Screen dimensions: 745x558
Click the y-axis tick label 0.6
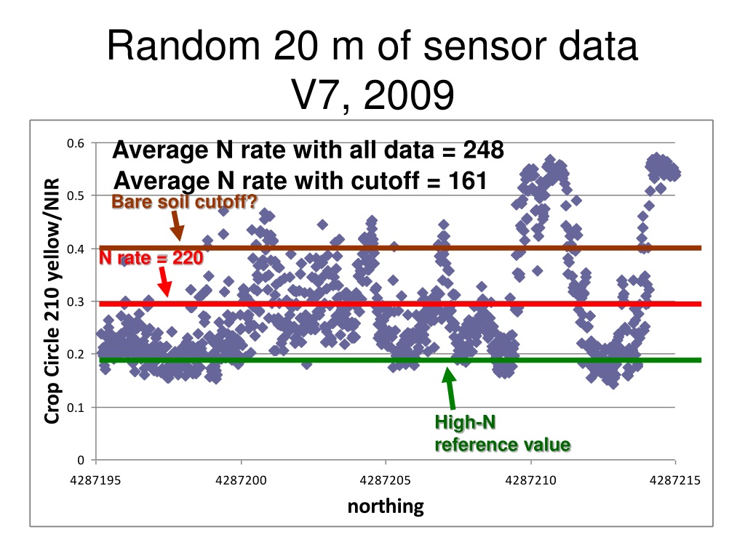[x=75, y=143]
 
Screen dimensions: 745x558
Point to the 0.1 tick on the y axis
[x=75, y=407]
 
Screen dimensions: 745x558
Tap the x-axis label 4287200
[x=241, y=480]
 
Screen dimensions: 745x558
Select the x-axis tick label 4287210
[x=530, y=480]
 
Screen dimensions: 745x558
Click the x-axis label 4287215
[x=675, y=480]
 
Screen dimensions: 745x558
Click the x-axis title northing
[x=386, y=506]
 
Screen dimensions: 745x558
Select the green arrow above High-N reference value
[x=450, y=388]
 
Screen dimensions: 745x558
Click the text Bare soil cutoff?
[x=184, y=202]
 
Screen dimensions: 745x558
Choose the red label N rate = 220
[x=151, y=258]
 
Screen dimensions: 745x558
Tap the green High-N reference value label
[x=503, y=433]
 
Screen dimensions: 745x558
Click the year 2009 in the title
[x=409, y=94]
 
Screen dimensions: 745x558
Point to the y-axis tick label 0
[x=81, y=460]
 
